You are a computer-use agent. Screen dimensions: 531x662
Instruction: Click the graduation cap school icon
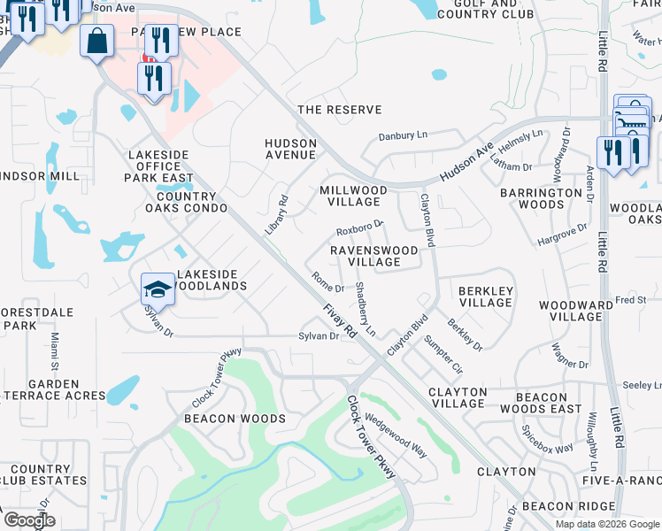(x=156, y=289)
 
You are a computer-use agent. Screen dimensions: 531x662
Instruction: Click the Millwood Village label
(x=353, y=196)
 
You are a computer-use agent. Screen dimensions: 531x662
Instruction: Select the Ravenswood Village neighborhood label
(x=373, y=256)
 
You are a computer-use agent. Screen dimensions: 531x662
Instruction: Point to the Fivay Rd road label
(x=339, y=319)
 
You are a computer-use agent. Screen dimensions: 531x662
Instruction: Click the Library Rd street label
(x=277, y=215)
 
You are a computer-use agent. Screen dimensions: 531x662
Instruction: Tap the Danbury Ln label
(x=403, y=136)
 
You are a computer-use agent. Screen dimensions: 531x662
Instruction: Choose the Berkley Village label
(x=484, y=296)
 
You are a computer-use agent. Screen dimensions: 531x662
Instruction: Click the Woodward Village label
(x=575, y=311)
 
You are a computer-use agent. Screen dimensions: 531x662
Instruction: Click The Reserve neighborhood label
(x=340, y=110)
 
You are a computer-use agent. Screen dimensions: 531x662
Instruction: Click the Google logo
(x=28, y=520)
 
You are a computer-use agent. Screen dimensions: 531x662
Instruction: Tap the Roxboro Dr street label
(x=359, y=229)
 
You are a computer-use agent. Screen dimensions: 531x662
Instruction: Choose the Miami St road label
(x=53, y=351)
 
